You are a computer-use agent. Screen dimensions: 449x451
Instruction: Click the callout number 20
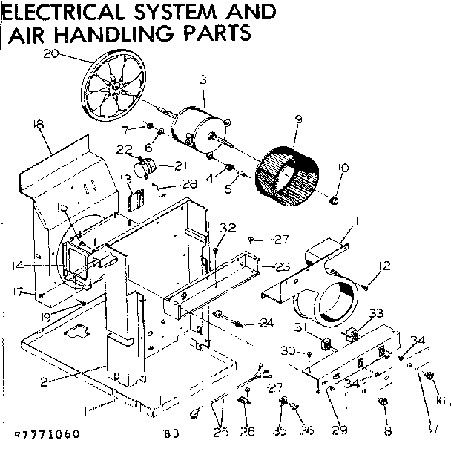pos(50,53)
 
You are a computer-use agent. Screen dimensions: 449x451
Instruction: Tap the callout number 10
pos(342,168)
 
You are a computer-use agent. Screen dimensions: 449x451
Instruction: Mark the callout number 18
pos(39,126)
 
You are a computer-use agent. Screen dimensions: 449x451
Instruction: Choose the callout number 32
pos(228,227)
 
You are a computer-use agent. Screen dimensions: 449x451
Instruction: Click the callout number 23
pos(283,266)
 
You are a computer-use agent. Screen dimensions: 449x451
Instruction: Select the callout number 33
pos(376,312)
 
